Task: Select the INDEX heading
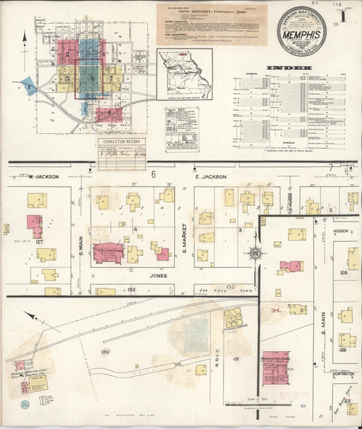tap(289, 68)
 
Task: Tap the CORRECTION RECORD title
tap(122, 143)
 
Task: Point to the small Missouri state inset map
tap(185, 73)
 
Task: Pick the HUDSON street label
tap(341, 231)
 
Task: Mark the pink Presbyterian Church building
tap(109, 253)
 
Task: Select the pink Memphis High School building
tap(276, 368)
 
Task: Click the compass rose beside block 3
tap(255, 254)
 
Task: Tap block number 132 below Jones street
tap(131, 290)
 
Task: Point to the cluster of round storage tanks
tap(233, 318)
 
